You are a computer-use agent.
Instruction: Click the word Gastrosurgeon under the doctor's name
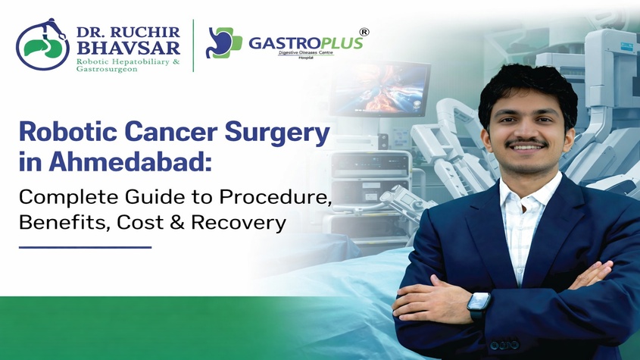[107, 69]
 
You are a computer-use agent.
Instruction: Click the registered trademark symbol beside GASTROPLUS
[364, 32]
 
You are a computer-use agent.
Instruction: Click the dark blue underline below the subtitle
[85, 246]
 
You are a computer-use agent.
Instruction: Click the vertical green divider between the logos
[193, 46]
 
